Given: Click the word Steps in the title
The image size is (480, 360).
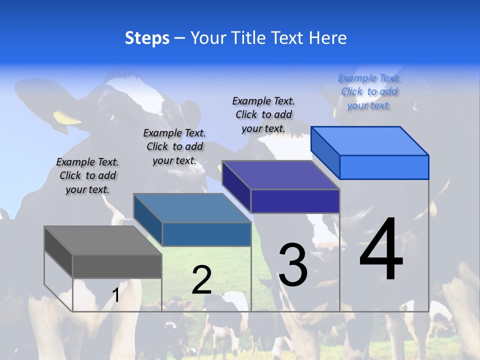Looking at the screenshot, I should pyautogui.click(x=147, y=38).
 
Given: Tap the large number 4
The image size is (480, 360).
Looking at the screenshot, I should pyautogui.click(x=381, y=250).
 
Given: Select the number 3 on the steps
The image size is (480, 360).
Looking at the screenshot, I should pyautogui.click(x=292, y=265).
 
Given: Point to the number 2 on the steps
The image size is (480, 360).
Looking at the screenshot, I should pyautogui.click(x=201, y=280).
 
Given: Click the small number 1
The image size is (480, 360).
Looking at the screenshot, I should pyautogui.click(x=115, y=295).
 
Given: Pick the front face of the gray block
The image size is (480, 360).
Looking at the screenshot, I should pyautogui.click(x=117, y=266).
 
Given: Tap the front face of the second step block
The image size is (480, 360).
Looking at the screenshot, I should pyautogui.click(x=206, y=234).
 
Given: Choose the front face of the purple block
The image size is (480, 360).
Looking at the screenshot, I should pyautogui.click(x=295, y=201).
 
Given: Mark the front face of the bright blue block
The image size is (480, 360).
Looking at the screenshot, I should pyautogui.click(x=384, y=167).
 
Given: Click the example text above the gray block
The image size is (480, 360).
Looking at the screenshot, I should pyautogui.click(x=87, y=175).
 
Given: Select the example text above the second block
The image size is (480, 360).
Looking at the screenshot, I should pyautogui.click(x=174, y=146).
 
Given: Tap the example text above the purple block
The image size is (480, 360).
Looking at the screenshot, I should pyautogui.click(x=263, y=114).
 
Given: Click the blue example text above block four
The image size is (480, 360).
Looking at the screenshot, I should pyautogui.click(x=369, y=91).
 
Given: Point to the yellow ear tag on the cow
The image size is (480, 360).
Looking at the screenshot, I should pyautogui.click(x=67, y=118).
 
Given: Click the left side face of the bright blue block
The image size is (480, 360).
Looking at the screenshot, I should pyautogui.click(x=325, y=152).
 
